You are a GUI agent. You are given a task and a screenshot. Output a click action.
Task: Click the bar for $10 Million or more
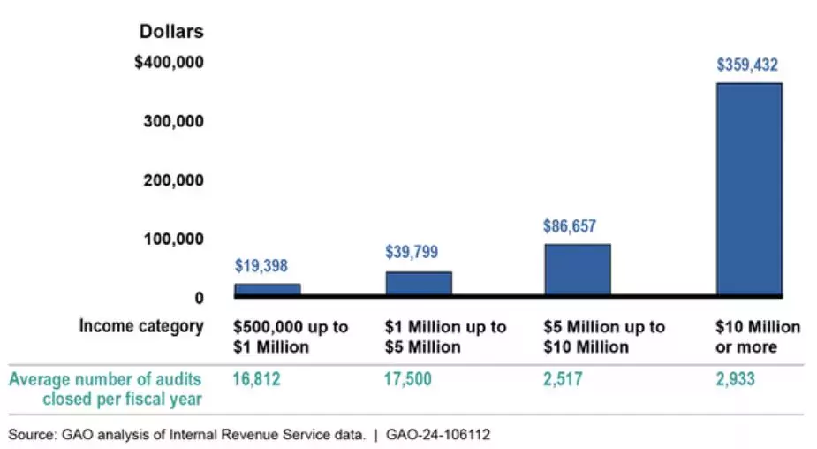coord(749,188)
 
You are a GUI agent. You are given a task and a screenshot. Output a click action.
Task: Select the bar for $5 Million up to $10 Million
coord(577,269)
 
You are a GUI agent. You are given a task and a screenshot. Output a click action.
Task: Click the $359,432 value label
coord(748,65)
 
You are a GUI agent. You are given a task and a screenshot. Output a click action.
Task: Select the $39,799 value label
coord(412,252)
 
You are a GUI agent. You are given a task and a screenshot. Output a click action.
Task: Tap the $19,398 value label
coord(261,265)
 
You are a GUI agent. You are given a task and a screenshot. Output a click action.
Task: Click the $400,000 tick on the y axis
coord(170,63)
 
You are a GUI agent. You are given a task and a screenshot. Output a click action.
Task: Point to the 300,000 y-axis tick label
coord(174,121)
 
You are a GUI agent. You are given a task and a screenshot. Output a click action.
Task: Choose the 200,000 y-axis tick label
coord(174,180)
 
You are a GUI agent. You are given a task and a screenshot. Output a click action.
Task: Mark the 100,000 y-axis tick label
coord(174,239)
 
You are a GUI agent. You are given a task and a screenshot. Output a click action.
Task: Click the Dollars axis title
coord(171,32)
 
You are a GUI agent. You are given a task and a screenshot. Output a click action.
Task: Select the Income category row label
coord(141,326)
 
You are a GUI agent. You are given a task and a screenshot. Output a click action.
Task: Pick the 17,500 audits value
coord(411,379)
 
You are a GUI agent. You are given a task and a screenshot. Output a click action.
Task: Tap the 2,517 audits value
coord(564,379)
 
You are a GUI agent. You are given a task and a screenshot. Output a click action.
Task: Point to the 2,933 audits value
coord(737,379)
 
